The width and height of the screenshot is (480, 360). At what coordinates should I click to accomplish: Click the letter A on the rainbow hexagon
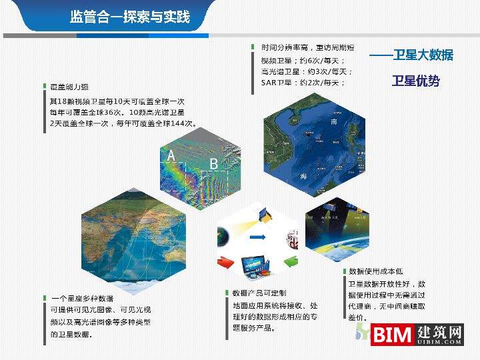pyautogui.click(x=171, y=156)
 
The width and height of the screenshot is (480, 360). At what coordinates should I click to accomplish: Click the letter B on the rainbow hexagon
pyautogui.click(x=214, y=163)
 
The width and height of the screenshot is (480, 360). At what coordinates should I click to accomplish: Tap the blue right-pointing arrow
pyautogui.click(x=256, y=237)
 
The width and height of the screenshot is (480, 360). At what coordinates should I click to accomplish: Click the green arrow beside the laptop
pyautogui.click(x=291, y=261)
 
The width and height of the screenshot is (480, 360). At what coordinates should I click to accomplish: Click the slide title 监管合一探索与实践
pyautogui.click(x=130, y=17)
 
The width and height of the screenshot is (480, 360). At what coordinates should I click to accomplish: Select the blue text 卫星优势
pyautogui.click(x=415, y=81)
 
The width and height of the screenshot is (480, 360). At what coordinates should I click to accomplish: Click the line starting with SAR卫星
pyautogui.click(x=303, y=83)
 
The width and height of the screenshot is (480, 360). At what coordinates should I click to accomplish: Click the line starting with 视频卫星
pyautogui.click(x=303, y=60)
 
